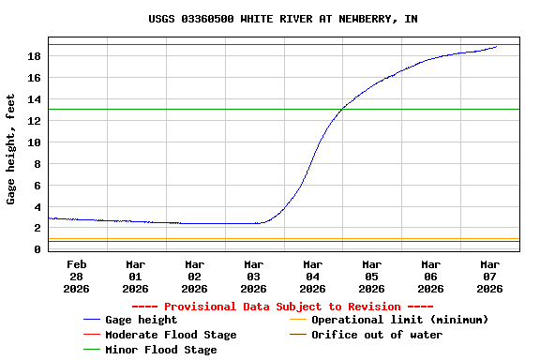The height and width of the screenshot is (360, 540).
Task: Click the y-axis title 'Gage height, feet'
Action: (x=11, y=148)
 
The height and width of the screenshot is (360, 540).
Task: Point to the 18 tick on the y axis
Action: (x=35, y=56)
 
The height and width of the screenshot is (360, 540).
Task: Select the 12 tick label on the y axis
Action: (x=35, y=121)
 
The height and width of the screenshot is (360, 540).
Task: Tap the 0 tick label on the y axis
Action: (x=37, y=249)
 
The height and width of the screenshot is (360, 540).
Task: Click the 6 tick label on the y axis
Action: (x=37, y=186)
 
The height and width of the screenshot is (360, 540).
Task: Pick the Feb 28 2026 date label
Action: (x=76, y=277)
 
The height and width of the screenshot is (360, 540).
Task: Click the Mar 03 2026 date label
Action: (x=253, y=277)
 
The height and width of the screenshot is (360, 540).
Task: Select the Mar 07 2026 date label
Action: (x=489, y=277)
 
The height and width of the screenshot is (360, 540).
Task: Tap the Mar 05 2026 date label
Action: (x=371, y=277)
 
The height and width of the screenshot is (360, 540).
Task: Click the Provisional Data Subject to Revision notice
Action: (x=282, y=307)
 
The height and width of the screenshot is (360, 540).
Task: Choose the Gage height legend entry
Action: (x=141, y=320)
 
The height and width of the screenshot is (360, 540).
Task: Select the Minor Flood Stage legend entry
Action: (x=160, y=350)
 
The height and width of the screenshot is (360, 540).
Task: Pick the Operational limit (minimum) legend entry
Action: (x=399, y=320)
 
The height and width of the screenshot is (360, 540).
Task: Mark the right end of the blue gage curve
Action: (x=497, y=46)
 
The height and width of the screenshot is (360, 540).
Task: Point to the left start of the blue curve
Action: (x=49, y=217)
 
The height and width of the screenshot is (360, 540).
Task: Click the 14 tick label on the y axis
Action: (x=35, y=99)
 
